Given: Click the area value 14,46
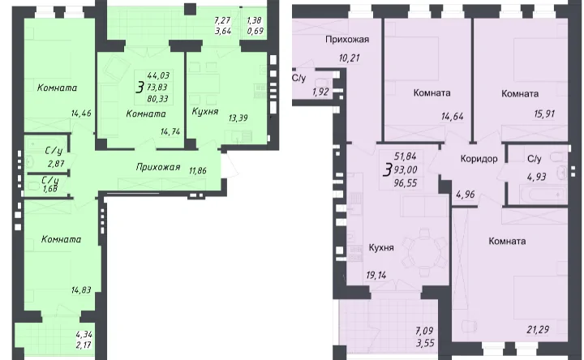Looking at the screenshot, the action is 81,114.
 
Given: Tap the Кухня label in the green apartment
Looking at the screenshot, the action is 205,111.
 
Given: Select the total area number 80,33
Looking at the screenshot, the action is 157,99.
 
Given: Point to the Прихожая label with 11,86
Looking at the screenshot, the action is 158,167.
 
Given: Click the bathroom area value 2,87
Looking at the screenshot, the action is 56,163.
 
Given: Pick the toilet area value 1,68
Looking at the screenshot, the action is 50,189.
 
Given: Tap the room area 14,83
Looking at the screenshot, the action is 81,289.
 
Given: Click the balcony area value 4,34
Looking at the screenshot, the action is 84,335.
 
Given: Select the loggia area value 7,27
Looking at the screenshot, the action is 222,20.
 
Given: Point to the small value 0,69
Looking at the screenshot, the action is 255,31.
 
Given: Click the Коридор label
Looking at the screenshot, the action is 479,159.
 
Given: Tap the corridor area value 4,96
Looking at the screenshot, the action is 466,194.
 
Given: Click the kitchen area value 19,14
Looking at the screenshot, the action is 376,275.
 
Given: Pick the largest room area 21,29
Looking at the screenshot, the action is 538,329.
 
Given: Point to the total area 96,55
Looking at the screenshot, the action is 406,182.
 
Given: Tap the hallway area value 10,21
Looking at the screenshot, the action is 349,58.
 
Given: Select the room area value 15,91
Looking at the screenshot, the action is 544,114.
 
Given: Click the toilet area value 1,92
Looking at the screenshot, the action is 320,92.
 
